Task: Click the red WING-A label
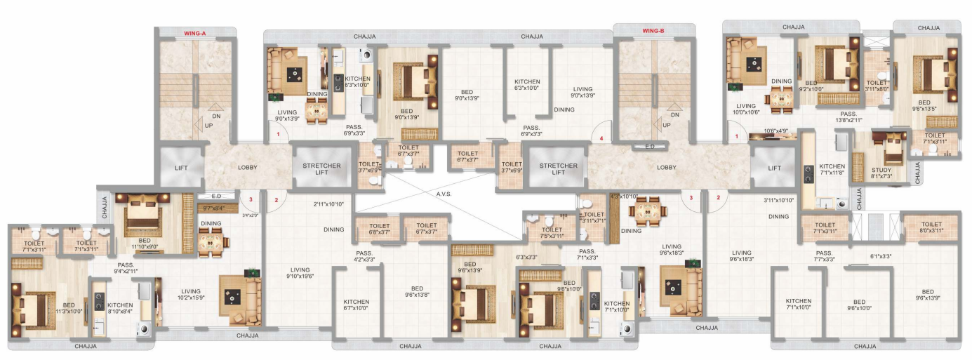pyautogui.click(x=194, y=32)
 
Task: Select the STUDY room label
pyautogui.click(x=881, y=173)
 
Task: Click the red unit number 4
pyautogui.click(x=601, y=139)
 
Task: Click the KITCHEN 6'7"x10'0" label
pyautogui.click(x=357, y=305)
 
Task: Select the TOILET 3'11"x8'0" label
pyautogui.click(x=877, y=86)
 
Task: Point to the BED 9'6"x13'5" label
pyautogui.click(x=924, y=106)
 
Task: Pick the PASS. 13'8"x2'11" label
pyautogui.click(x=849, y=117)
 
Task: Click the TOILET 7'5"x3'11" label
pyautogui.click(x=552, y=232)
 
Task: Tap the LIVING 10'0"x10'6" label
pyautogui.click(x=746, y=109)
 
